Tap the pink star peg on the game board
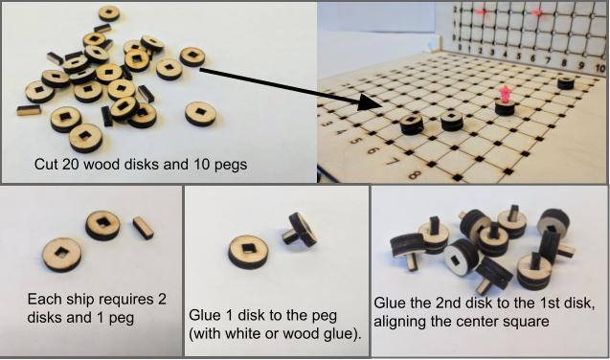click(x=506, y=95)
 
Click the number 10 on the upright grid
click(x=600, y=68)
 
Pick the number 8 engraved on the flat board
click(x=414, y=175)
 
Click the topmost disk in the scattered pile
click(x=109, y=13)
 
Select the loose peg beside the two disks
click(x=144, y=228)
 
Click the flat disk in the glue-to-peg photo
click(x=248, y=251)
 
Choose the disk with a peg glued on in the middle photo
click(x=300, y=230)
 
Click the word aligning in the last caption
click(x=400, y=322)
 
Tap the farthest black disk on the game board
click(x=566, y=82)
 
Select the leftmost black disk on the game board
click(x=412, y=124)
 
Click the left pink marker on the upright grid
click(x=482, y=12)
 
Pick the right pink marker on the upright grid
click(x=537, y=12)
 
